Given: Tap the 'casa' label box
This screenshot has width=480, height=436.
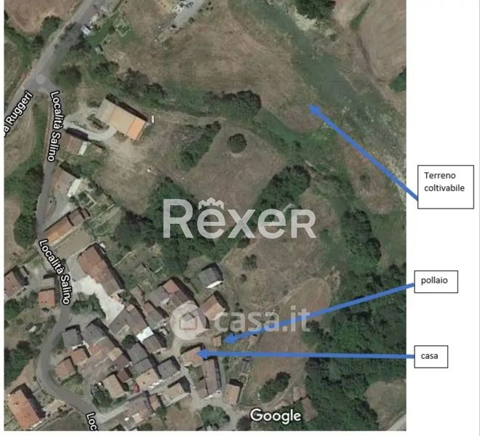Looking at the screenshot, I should [428, 356].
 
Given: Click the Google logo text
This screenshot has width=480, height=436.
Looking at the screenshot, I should [276, 416].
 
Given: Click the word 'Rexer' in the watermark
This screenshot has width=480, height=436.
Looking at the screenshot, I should [239, 220].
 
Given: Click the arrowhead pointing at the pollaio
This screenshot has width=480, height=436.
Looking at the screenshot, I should [225, 339].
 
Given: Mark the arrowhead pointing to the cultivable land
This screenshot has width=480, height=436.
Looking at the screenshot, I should [313, 109].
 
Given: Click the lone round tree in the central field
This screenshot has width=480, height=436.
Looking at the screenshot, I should [238, 143].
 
